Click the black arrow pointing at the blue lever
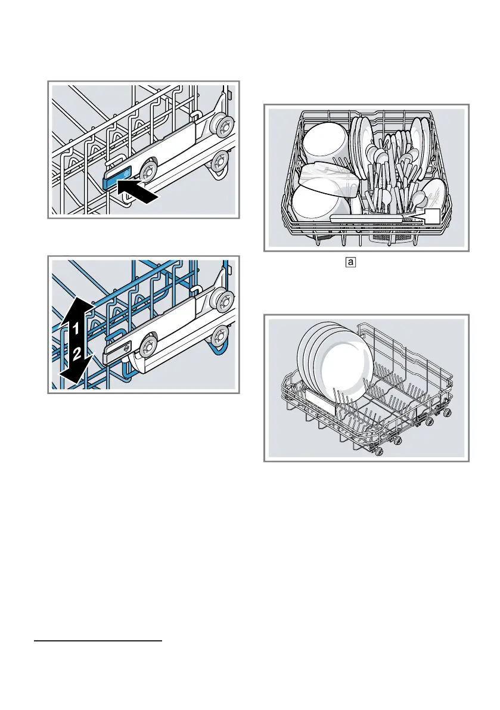(141, 193)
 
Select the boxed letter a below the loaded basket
(350, 262)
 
